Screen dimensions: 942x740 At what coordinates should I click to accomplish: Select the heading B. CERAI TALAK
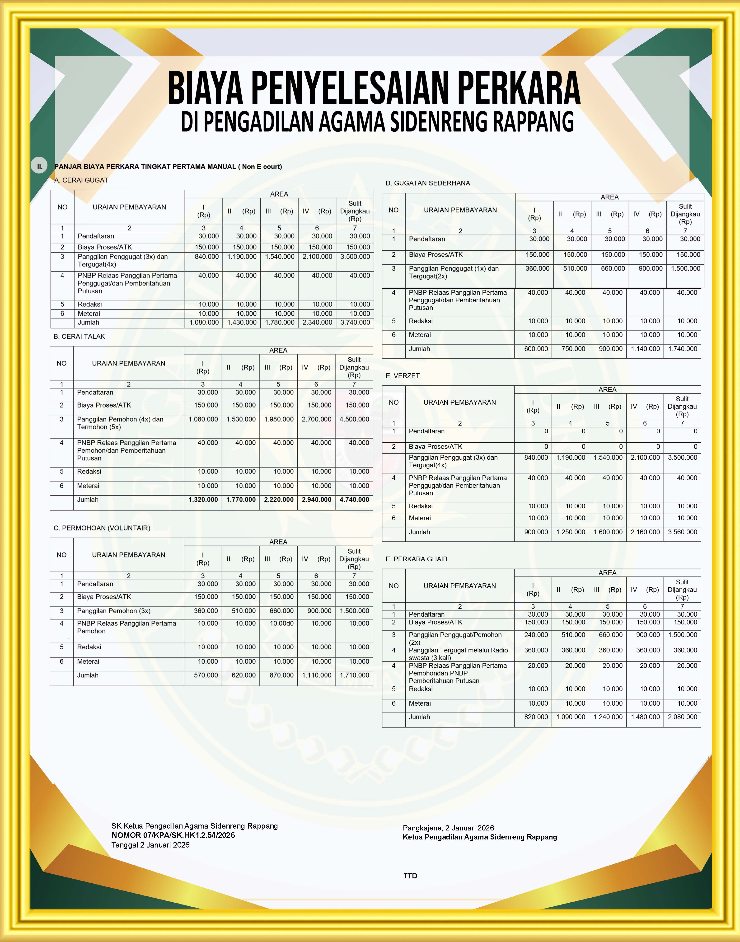click(79, 336)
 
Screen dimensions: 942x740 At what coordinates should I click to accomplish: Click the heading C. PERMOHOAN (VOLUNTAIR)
click(102, 528)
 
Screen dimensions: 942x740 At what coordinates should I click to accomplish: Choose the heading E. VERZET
click(403, 376)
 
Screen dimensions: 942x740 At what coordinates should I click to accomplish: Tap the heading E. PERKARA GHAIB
click(416, 559)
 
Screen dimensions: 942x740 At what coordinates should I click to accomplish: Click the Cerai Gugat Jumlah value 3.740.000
click(355, 322)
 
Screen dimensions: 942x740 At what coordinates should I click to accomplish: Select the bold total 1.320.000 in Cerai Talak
click(203, 500)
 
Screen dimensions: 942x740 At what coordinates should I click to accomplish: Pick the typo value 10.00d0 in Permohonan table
click(282, 623)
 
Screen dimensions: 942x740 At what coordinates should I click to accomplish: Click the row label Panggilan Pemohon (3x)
click(114, 611)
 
